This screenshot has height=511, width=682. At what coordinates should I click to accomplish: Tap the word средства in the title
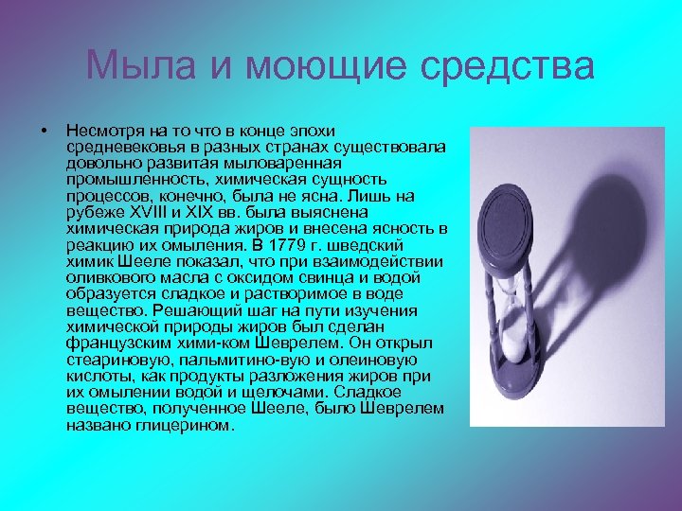(x=516, y=66)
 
